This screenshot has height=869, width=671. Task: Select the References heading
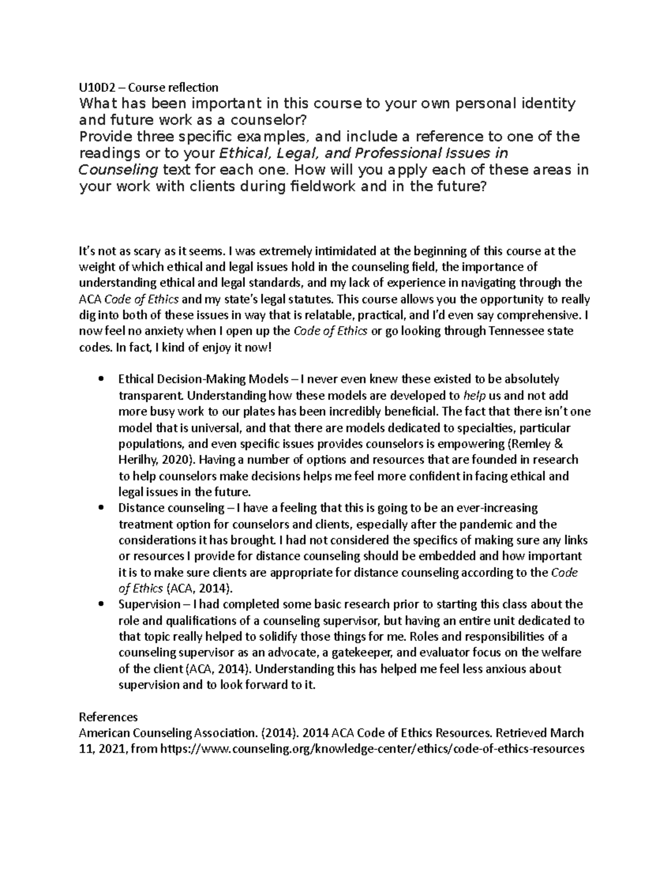point(108,717)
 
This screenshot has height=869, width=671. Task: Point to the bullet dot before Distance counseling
point(101,508)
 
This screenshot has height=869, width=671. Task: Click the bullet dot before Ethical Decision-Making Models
point(101,379)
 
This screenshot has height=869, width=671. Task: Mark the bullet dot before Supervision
point(101,604)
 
